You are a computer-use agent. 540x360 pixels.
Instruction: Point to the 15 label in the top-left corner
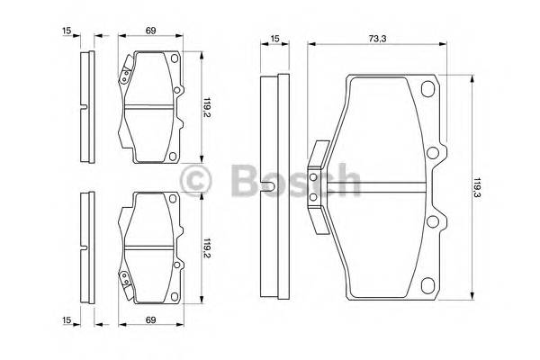click(x=66, y=32)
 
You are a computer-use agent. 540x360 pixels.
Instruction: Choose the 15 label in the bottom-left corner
click(x=66, y=320)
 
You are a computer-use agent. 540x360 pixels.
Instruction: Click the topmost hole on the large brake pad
click(x=427, y=88)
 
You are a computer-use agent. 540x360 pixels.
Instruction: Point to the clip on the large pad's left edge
click(x=316, y=189)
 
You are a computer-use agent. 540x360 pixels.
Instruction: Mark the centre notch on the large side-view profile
click(x=270, y=188)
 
